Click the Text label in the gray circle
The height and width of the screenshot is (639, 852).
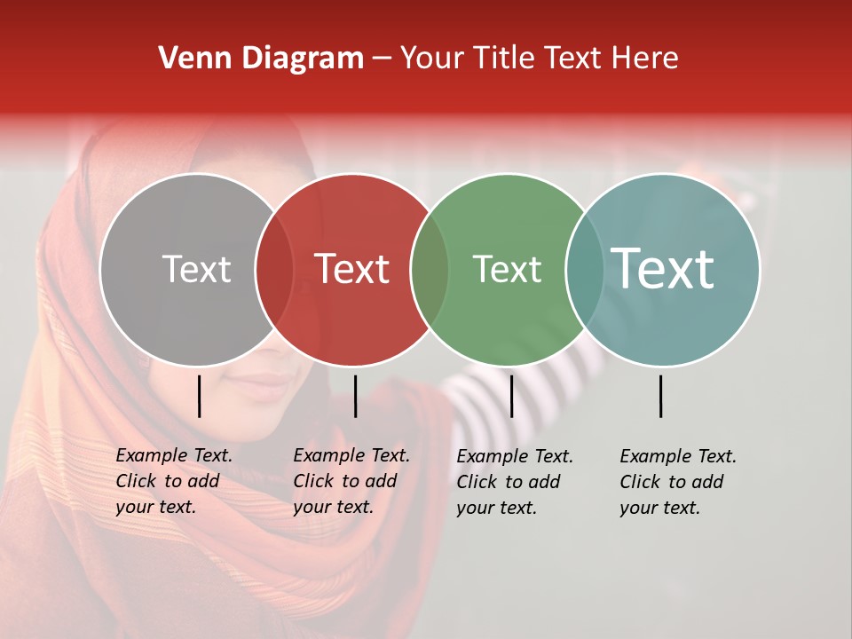(x=196, y=269)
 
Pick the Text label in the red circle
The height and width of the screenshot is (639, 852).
(x=352, y=269)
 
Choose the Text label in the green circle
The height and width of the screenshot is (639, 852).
(x=507, y=269)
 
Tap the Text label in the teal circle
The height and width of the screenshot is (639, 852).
(x=663, y=268)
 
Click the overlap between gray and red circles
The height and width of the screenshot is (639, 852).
(x=274, y=269)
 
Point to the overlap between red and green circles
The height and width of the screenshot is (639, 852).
(x=430, y=269)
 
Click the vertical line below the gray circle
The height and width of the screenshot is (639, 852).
(x=199, y=396)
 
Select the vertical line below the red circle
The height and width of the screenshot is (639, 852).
(x=355, y=396)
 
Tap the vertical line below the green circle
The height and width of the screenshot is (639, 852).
(x=511, y=396)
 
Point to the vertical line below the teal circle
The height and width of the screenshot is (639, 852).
(x=661, y=396)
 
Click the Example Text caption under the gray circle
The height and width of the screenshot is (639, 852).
(x=173, y=481)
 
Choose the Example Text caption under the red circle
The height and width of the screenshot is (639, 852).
(x=351, y=481)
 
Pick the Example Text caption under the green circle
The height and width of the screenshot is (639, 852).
(x=514, y=482)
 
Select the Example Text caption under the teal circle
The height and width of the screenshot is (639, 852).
(x=677, y=482)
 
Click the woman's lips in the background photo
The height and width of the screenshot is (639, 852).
(x=263, y=383)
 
